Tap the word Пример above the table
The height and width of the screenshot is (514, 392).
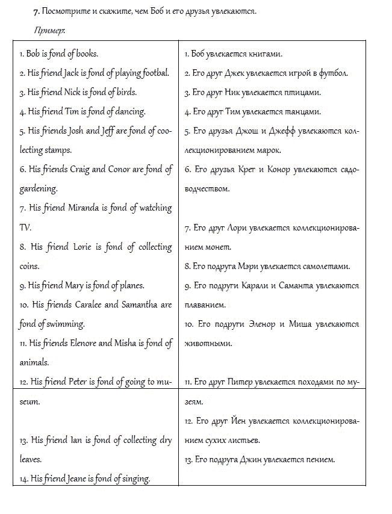[x=49, y=29]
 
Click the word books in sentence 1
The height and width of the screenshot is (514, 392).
[x=85, y=54]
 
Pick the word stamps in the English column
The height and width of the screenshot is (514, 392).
[x=58, y=150]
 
